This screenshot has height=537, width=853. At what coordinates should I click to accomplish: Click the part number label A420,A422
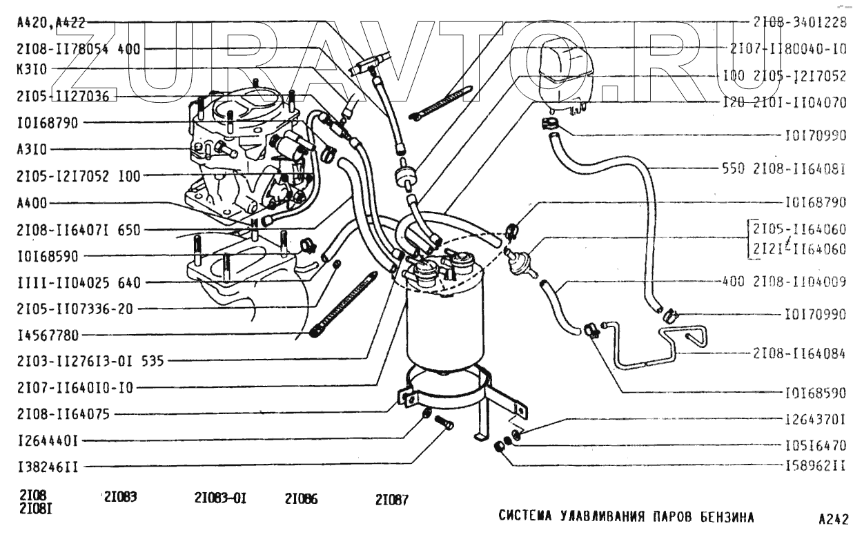pyautogui.click(x=50, y=22)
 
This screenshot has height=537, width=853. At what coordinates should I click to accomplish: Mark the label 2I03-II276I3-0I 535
pyautogui.click(x=88, y=361)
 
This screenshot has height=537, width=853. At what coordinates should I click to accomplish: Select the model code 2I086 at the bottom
pyautogui.click(x=301, y=500)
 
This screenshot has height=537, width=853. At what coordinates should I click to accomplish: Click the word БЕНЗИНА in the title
pyautogui.click(x=720, y=517)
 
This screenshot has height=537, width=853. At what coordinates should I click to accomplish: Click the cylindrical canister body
pyautogui.click(x=441, y=324)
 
